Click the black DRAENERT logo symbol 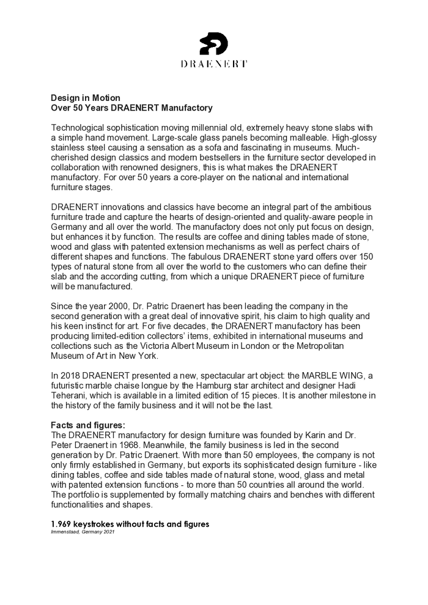tap(214, 43)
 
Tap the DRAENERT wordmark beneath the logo tap(214, 64)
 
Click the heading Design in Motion tap(85, 98)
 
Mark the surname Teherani tap(70, 395)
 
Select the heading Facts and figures tap(87, 425)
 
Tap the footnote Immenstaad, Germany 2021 tap(83, 532)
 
